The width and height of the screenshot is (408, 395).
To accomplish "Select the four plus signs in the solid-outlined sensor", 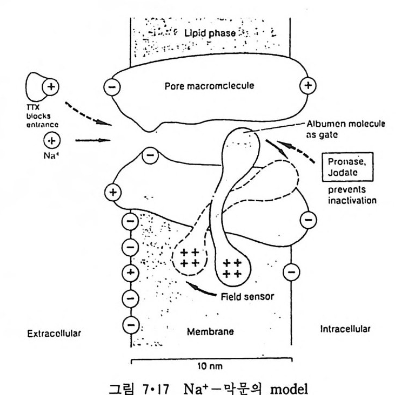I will (x=232, y=268).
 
